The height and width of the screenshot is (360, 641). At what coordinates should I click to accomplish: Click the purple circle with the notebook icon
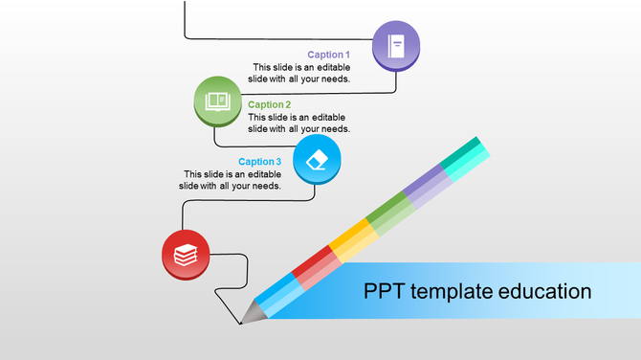(x=396, y=44)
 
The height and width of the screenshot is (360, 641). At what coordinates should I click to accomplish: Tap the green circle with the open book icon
(x=218, y=100)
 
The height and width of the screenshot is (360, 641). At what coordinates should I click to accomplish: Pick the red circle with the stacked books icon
(x=186, y=254)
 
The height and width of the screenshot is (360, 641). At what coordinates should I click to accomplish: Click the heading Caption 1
(x=328, y=55)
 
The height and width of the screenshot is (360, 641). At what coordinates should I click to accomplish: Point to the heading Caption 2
(x=269, y=104)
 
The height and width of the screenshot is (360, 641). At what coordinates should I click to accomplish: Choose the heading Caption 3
(x=259, y=162)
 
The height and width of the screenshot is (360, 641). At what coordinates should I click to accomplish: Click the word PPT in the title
(x=385, y=291)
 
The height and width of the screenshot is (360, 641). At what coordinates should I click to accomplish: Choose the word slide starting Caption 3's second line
(x=190, y=186)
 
